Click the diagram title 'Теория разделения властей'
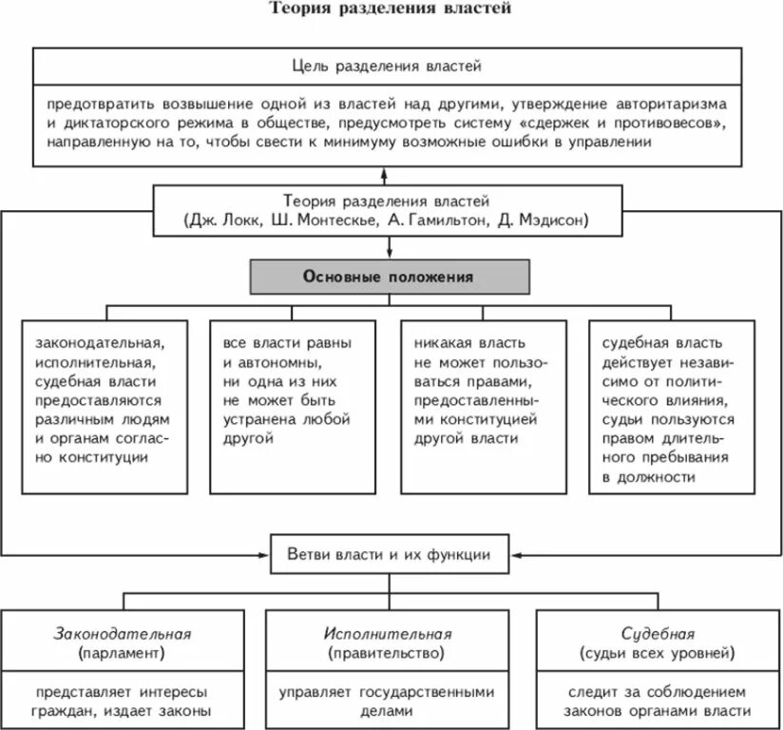point(391,10)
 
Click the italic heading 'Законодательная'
point(122,633)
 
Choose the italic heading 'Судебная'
point(658,633)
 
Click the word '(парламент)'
point(122,653)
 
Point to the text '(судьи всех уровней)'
point(658,653)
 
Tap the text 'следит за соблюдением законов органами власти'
point(658,701)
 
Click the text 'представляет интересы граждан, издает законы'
point(122,701)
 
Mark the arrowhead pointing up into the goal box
point(386,174)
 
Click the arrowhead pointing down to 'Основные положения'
point(391,253)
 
